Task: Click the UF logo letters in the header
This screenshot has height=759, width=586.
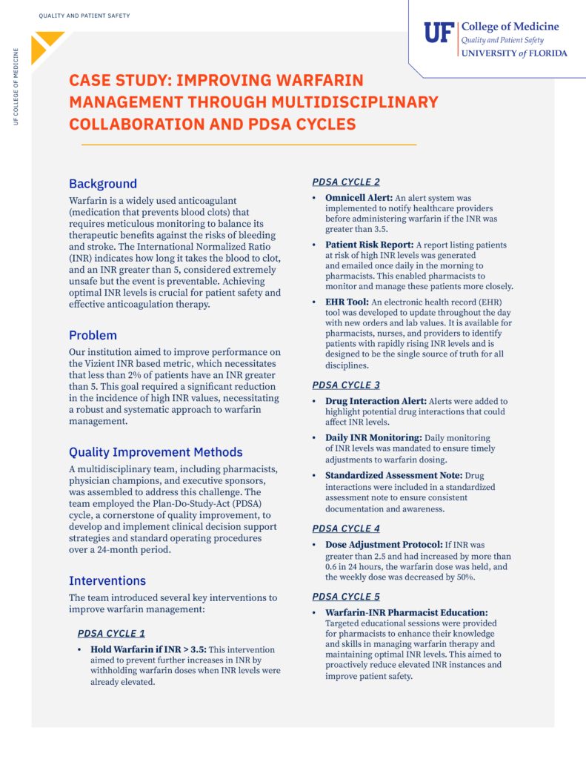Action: click(438, 33)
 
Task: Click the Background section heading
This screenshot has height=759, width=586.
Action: click(103, 184)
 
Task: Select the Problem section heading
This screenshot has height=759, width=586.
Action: click(93, 335)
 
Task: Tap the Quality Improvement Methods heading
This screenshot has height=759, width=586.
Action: click(156, 452)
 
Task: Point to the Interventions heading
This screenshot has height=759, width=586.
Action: click(107, 580)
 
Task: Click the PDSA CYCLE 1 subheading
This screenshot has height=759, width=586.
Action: click(111, 634)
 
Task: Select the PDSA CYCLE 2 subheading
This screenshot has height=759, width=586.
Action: click(346, 182)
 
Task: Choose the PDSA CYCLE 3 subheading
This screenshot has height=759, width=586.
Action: click(346, 385)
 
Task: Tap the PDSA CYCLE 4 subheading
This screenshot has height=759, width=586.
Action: click(346, 528)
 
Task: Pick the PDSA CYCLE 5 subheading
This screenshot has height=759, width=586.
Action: click(346, 596)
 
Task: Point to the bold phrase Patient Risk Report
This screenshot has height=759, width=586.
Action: click(367, 245)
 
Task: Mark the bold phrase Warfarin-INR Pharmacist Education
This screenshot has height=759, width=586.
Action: click(407, 613)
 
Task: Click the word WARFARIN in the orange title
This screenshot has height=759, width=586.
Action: click(321, 81)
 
